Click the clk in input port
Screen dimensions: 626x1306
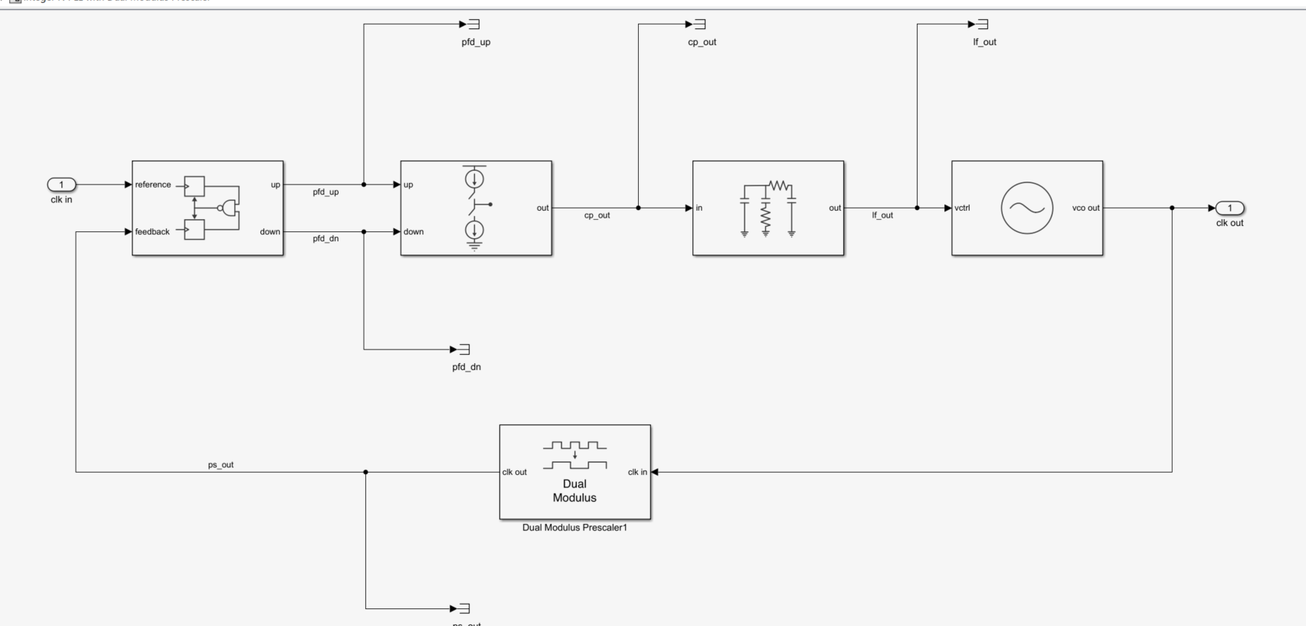(x=61, y=185)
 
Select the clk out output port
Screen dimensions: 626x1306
(x=1230, y=208)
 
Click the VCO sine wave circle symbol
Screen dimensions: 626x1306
(x=1026, y=208)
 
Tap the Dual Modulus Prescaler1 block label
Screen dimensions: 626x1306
(x=574, y=527)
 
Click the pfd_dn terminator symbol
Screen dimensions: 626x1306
(x=463, y=349)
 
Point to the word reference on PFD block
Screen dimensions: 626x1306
(x=153, y=185)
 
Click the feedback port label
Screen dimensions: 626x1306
(x=152, y=231)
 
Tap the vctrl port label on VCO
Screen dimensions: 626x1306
(x=962, y=208)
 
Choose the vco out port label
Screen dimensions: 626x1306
(x=1085, y=208)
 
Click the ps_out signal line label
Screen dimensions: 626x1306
(x=221, y=465)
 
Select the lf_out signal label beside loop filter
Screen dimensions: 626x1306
(x=882, y=215)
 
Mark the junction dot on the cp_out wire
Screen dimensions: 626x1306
(x=638, y=208)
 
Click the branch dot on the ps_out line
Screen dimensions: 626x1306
(x=365, y=472)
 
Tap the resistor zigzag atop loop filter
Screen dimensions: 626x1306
(x=779, y=185)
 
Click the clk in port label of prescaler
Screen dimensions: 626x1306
(x=637, y=472)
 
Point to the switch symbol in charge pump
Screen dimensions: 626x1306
(x=476, y=205)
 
